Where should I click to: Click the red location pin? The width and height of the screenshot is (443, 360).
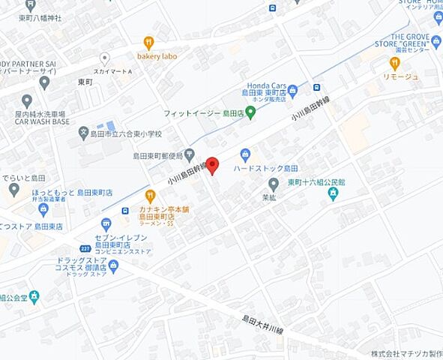(x=212, y=165)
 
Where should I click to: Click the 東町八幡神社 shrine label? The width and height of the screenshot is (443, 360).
(x=45, y=16)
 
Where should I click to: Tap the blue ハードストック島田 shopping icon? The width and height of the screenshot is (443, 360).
(x=244, y=154)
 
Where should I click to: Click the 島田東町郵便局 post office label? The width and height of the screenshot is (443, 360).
(x=157, y=156)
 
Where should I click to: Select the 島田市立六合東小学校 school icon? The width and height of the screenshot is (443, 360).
(x=84, y=133)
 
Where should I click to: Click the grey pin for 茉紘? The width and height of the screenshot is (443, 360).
(x=274, y=184)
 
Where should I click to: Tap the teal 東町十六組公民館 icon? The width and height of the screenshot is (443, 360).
(x=333, y=194)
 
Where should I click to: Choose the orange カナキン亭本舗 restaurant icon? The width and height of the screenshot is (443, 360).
(x=150, y=196)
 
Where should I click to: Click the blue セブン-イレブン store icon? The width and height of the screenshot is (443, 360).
(x=106, y=223)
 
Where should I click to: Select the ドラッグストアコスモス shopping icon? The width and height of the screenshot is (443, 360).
(x=114, y=265)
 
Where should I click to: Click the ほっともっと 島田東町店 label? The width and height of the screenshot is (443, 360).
(x=71, y=193)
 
